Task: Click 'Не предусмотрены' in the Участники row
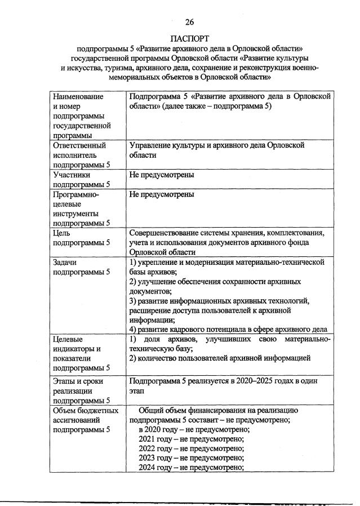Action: pyautogui.click(x=162, y=175)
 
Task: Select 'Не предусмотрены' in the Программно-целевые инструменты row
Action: pyautogui.click(x=162, y=194)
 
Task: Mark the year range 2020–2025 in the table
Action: pyautogui.click(x=255, y=381)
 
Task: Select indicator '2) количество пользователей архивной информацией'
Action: pyautogui.click(x=220, y=358)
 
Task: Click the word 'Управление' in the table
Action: pyautogui.click(x=148, y=145)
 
